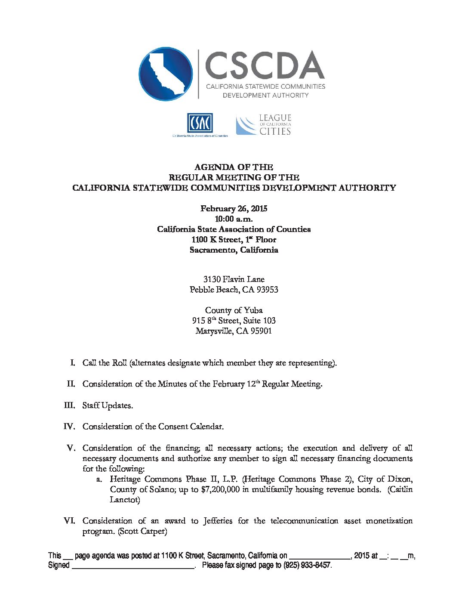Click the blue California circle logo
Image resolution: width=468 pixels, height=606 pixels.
click(166, 74)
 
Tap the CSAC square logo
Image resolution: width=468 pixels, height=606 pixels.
click(200, 123)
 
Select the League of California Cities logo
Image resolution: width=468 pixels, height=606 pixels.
click(263, 125)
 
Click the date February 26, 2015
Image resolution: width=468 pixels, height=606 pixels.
click(234, 209)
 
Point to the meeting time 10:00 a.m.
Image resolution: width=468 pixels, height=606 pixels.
click(234, 219)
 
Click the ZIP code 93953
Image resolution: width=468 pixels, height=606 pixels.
click(267, 290)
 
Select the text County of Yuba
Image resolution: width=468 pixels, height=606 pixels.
click(234, 310)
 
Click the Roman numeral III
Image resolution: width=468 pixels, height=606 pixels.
click(69, 405)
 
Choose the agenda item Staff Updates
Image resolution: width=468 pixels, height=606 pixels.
click(108, 405)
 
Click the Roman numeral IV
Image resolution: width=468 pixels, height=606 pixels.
click(69, 427)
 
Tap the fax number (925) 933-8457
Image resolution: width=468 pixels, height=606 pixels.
click(307, 565)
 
